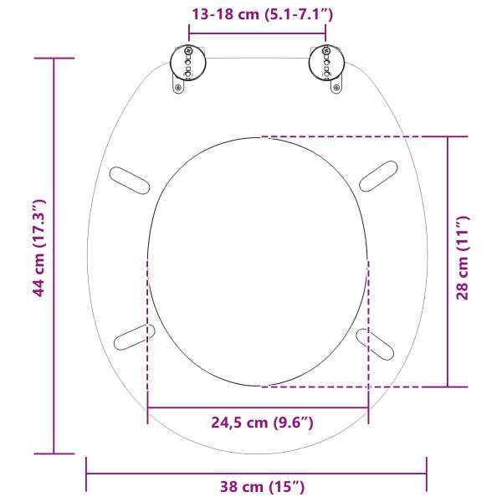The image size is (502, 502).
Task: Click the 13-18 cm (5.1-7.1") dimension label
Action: click(257, 13)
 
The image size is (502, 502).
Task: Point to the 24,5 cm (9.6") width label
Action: click(258, 423)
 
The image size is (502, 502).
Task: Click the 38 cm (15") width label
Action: click(256, 486)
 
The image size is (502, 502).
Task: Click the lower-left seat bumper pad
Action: click(134, 337)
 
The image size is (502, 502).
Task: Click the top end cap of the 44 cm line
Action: click(54, 59)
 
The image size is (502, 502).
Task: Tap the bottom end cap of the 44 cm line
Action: click(54, 453)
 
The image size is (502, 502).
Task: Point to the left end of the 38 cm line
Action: click(87, 474)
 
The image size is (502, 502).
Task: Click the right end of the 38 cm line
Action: click(427, 474)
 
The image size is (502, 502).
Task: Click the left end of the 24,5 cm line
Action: click(147, 407)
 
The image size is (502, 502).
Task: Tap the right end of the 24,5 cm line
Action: click(368, 407)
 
